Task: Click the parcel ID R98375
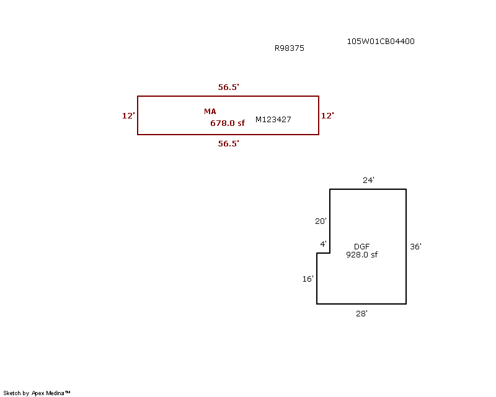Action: pyautogui.click(x=289, y=48)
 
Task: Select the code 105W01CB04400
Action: pyautogui.click(x=381, y=42)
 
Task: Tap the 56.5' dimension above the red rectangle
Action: pyautogui.click(x=228, y=87)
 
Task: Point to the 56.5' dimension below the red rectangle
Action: pyautogui.click(x=228, y=143)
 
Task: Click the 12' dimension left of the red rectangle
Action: pyautogui.click(x=128, y=115)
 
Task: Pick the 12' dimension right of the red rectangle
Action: pyautogui.click(x=327, y=115)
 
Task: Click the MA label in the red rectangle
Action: pyautogui.click(x=210, y=112)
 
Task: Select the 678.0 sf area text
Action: pyautogui.click(x=228, y=123)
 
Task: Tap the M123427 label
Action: pyautogui.click(x=273, y=119)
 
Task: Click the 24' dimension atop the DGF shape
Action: pyautogui.click(x=368, y=180)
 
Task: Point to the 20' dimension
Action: pyautogui.click(x=321, y=221)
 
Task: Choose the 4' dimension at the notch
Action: pyautogui.click(x=323, y=244)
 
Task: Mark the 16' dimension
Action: pyautogui.click(x=308, y=279)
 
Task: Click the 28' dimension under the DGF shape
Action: pyautogui.click(x=361, y=314)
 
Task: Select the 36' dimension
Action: pyautogui.click(x=415, y=247)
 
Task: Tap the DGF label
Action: pyautogui.click(x=361, y=247)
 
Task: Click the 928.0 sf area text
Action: pyautogui.click(x=361, y=254)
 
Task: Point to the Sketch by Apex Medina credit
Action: pyautogui.click(x=37, y=393)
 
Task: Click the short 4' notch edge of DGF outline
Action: pyautogui.click(x=323, y=253)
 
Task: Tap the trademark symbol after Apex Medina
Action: pyautogui.click(x=68, y=392)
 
